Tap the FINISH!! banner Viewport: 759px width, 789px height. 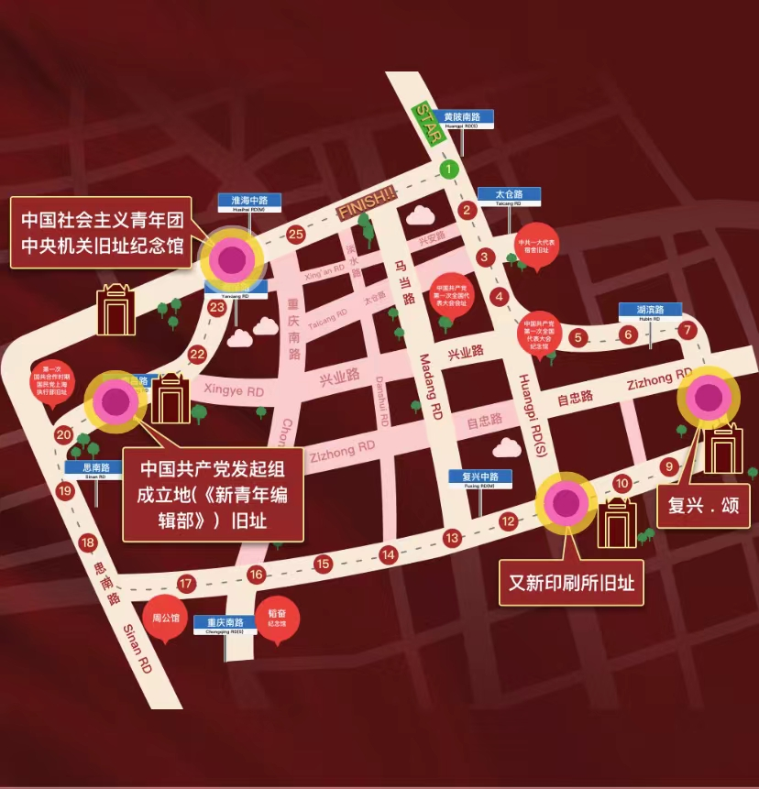pos(367,203)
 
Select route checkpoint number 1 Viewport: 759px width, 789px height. pos(448,169)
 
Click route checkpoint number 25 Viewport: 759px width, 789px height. pos(295,235)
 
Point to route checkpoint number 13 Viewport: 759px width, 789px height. pos(451,538)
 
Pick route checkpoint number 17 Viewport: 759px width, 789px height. pos(186,583)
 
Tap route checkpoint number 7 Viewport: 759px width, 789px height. pos(688,330)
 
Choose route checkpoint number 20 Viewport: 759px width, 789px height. pos(63,434)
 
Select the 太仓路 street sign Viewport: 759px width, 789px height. pos(509,196)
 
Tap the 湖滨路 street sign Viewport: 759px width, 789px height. pos(649,311)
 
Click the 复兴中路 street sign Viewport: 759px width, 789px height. pos(480,478)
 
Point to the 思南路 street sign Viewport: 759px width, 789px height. pos(93,468)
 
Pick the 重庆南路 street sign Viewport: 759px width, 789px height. pos(225,624)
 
